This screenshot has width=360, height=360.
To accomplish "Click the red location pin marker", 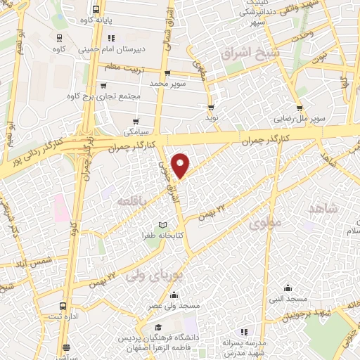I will (181, 165).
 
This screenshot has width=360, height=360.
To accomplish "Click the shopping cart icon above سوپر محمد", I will (167, 73).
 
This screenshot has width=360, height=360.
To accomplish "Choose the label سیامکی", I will (136, 131).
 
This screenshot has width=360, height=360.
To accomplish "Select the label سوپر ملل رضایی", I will (300, 120).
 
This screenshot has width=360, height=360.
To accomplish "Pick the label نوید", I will (211, 118).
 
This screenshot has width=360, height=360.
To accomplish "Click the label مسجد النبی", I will (288, 300).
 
